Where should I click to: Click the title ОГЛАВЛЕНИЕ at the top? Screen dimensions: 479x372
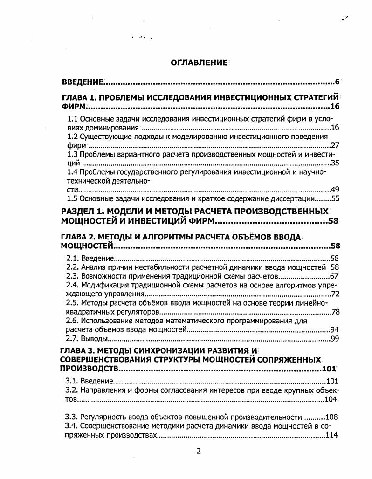[x=199, y=62]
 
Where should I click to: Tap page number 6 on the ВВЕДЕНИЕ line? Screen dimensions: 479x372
[x=337, y=82]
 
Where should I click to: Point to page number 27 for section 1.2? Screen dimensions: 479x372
[x=334, y=145]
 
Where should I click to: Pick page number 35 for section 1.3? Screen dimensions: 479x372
[x=334, y=163]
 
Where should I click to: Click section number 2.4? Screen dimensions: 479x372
[x=73, y=285]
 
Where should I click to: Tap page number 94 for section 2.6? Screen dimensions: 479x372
[x=334, y=329]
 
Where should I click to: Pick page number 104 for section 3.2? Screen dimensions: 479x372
[x=331, y=399]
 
